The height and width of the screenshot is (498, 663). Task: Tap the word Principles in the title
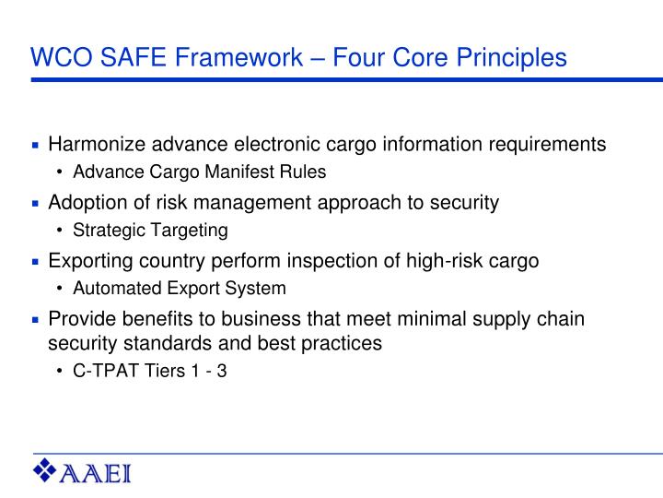pos(509,58)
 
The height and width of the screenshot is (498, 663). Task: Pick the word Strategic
pos(104,230)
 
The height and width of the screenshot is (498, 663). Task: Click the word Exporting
pos(87,261)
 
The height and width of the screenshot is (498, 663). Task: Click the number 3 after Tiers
pos(223,372)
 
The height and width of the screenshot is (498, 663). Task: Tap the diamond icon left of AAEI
pos(45,471)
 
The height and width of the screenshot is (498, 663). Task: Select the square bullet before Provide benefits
pos(35,320)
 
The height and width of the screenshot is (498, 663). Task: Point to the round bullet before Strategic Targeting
pos(61,231)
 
